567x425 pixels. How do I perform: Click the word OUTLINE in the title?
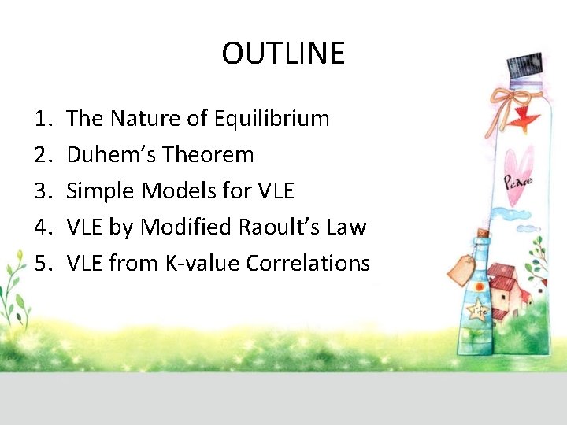[283, 54]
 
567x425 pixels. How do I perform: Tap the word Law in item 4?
[347, 227]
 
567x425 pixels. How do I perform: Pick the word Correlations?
[308, 264]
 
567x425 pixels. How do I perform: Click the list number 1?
[43, 119]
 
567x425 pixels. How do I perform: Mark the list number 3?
[43, 191]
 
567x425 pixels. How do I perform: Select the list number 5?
[43, 264]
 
